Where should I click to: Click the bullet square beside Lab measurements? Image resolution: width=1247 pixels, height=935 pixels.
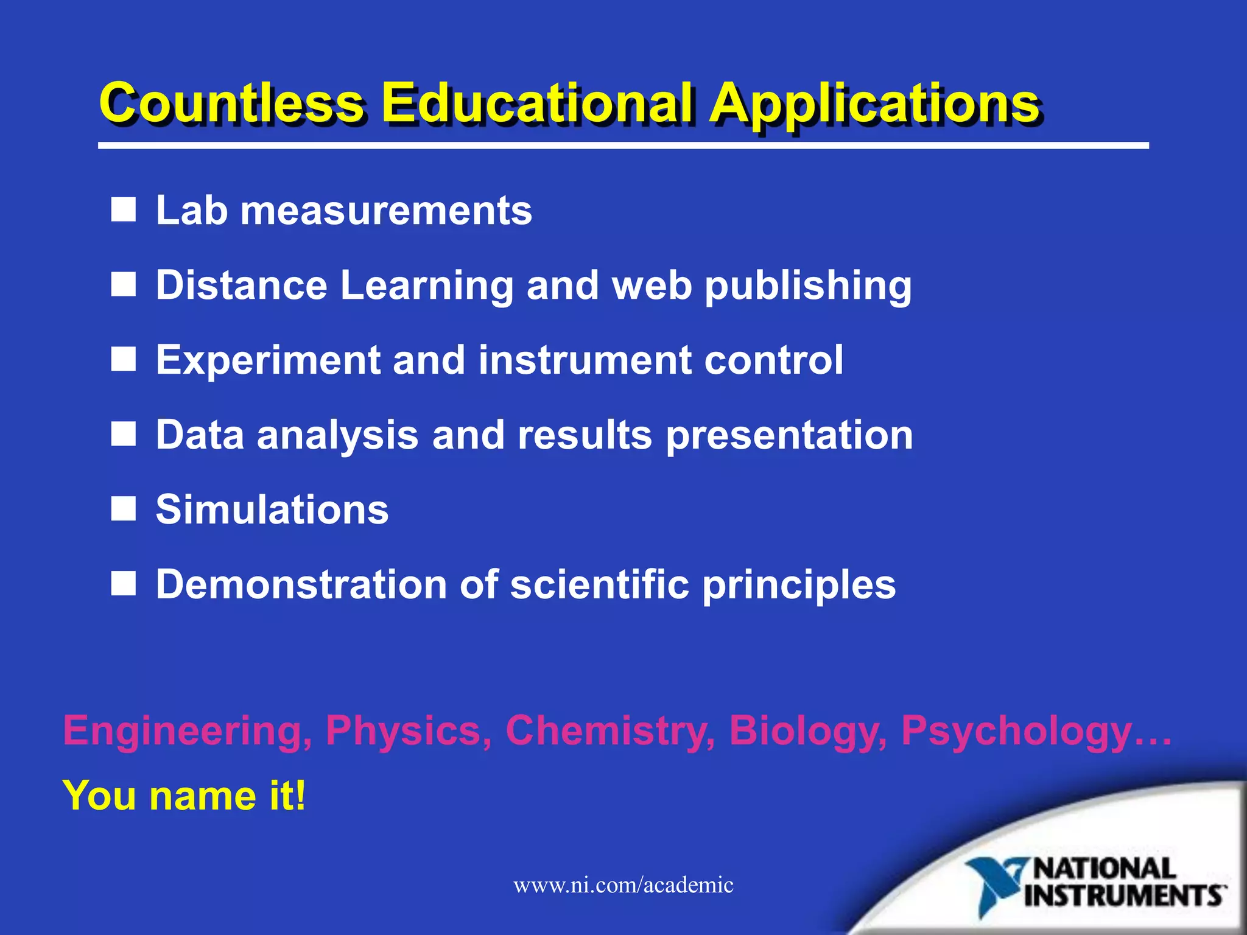tap(123, 210)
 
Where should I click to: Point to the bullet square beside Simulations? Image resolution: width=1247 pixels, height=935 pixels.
tap(123, 509)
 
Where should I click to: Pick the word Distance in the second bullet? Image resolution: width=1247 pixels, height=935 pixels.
tap(242, 285)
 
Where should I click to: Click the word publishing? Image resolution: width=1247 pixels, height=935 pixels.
tap(808, 286)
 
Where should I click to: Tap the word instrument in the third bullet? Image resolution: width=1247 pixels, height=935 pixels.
tap(585, 360)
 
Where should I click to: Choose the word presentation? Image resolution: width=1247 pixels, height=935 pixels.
tap(789, 436)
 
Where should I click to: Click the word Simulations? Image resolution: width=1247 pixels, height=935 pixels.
tap(272, 510)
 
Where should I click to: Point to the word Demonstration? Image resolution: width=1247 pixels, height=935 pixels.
tap(301, 584)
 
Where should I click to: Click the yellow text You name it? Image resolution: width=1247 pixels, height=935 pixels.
tap(184, 796)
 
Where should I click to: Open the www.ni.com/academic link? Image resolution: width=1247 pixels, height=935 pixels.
tap(623, 884)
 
